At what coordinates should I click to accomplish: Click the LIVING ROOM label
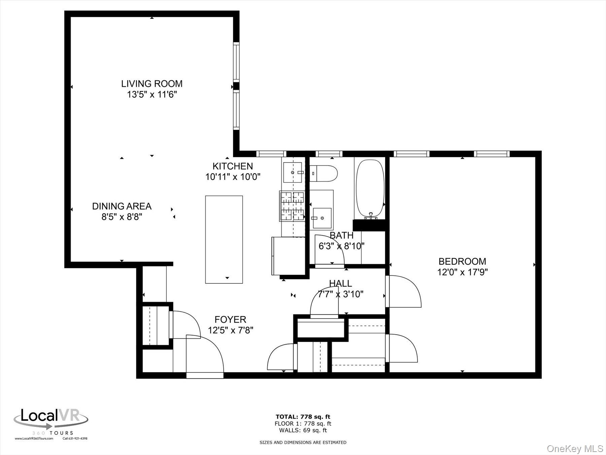pos(152,84)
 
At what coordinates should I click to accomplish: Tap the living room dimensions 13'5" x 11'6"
pos(152,94)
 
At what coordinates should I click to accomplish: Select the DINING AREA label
pos(122,206)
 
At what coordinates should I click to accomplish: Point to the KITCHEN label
pos(233,166)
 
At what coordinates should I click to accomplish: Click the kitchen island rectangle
pos(224,239)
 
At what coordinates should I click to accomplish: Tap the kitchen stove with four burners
pos(292,206)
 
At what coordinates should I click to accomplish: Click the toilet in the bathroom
pos(323,174)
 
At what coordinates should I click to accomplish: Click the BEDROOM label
pos(462,261)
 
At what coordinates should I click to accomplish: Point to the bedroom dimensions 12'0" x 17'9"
pos(462,272)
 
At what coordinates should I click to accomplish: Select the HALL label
pos(340,283)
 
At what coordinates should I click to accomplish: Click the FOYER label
pos(230,319)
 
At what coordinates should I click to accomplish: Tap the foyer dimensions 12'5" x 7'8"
pos(230,330)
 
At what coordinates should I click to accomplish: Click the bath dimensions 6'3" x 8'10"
pos(341,246)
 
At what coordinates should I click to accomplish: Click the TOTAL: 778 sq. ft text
pos(303,417)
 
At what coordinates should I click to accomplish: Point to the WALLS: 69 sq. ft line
pos(303,430)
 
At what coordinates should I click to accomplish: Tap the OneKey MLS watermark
pos(575,449)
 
